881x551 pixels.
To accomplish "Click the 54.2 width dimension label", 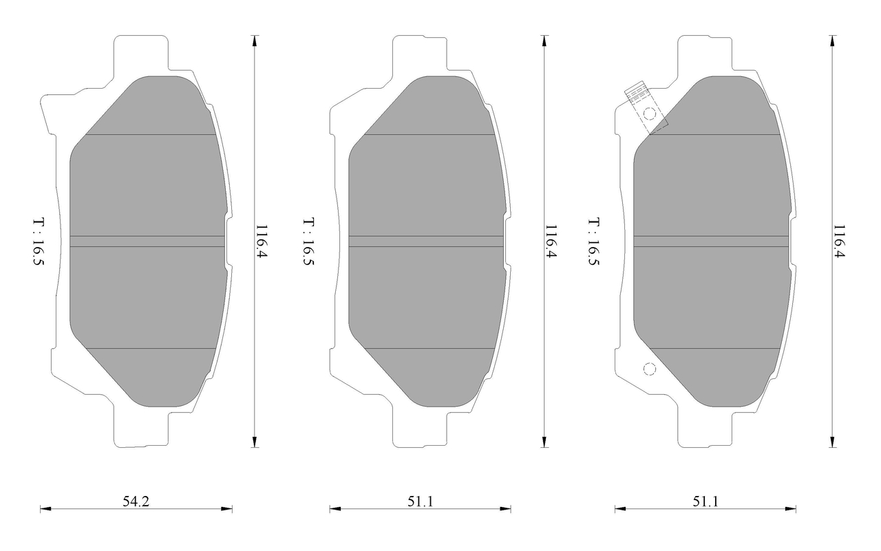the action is (x=136, y=501).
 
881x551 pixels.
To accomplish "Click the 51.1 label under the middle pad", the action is (x=420, y=501).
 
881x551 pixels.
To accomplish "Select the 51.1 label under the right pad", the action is (x=705, y=501).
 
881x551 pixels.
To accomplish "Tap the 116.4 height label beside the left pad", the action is (x=262, y=241).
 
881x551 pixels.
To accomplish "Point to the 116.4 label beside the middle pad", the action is (x=550, y=241).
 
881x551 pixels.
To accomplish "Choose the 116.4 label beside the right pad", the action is (x=839, y=241).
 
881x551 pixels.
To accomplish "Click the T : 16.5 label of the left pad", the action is (x=38, y=241).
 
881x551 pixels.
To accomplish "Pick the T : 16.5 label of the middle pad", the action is (x=308, y=241).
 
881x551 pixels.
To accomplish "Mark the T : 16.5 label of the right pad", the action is (x=593, y=241).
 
